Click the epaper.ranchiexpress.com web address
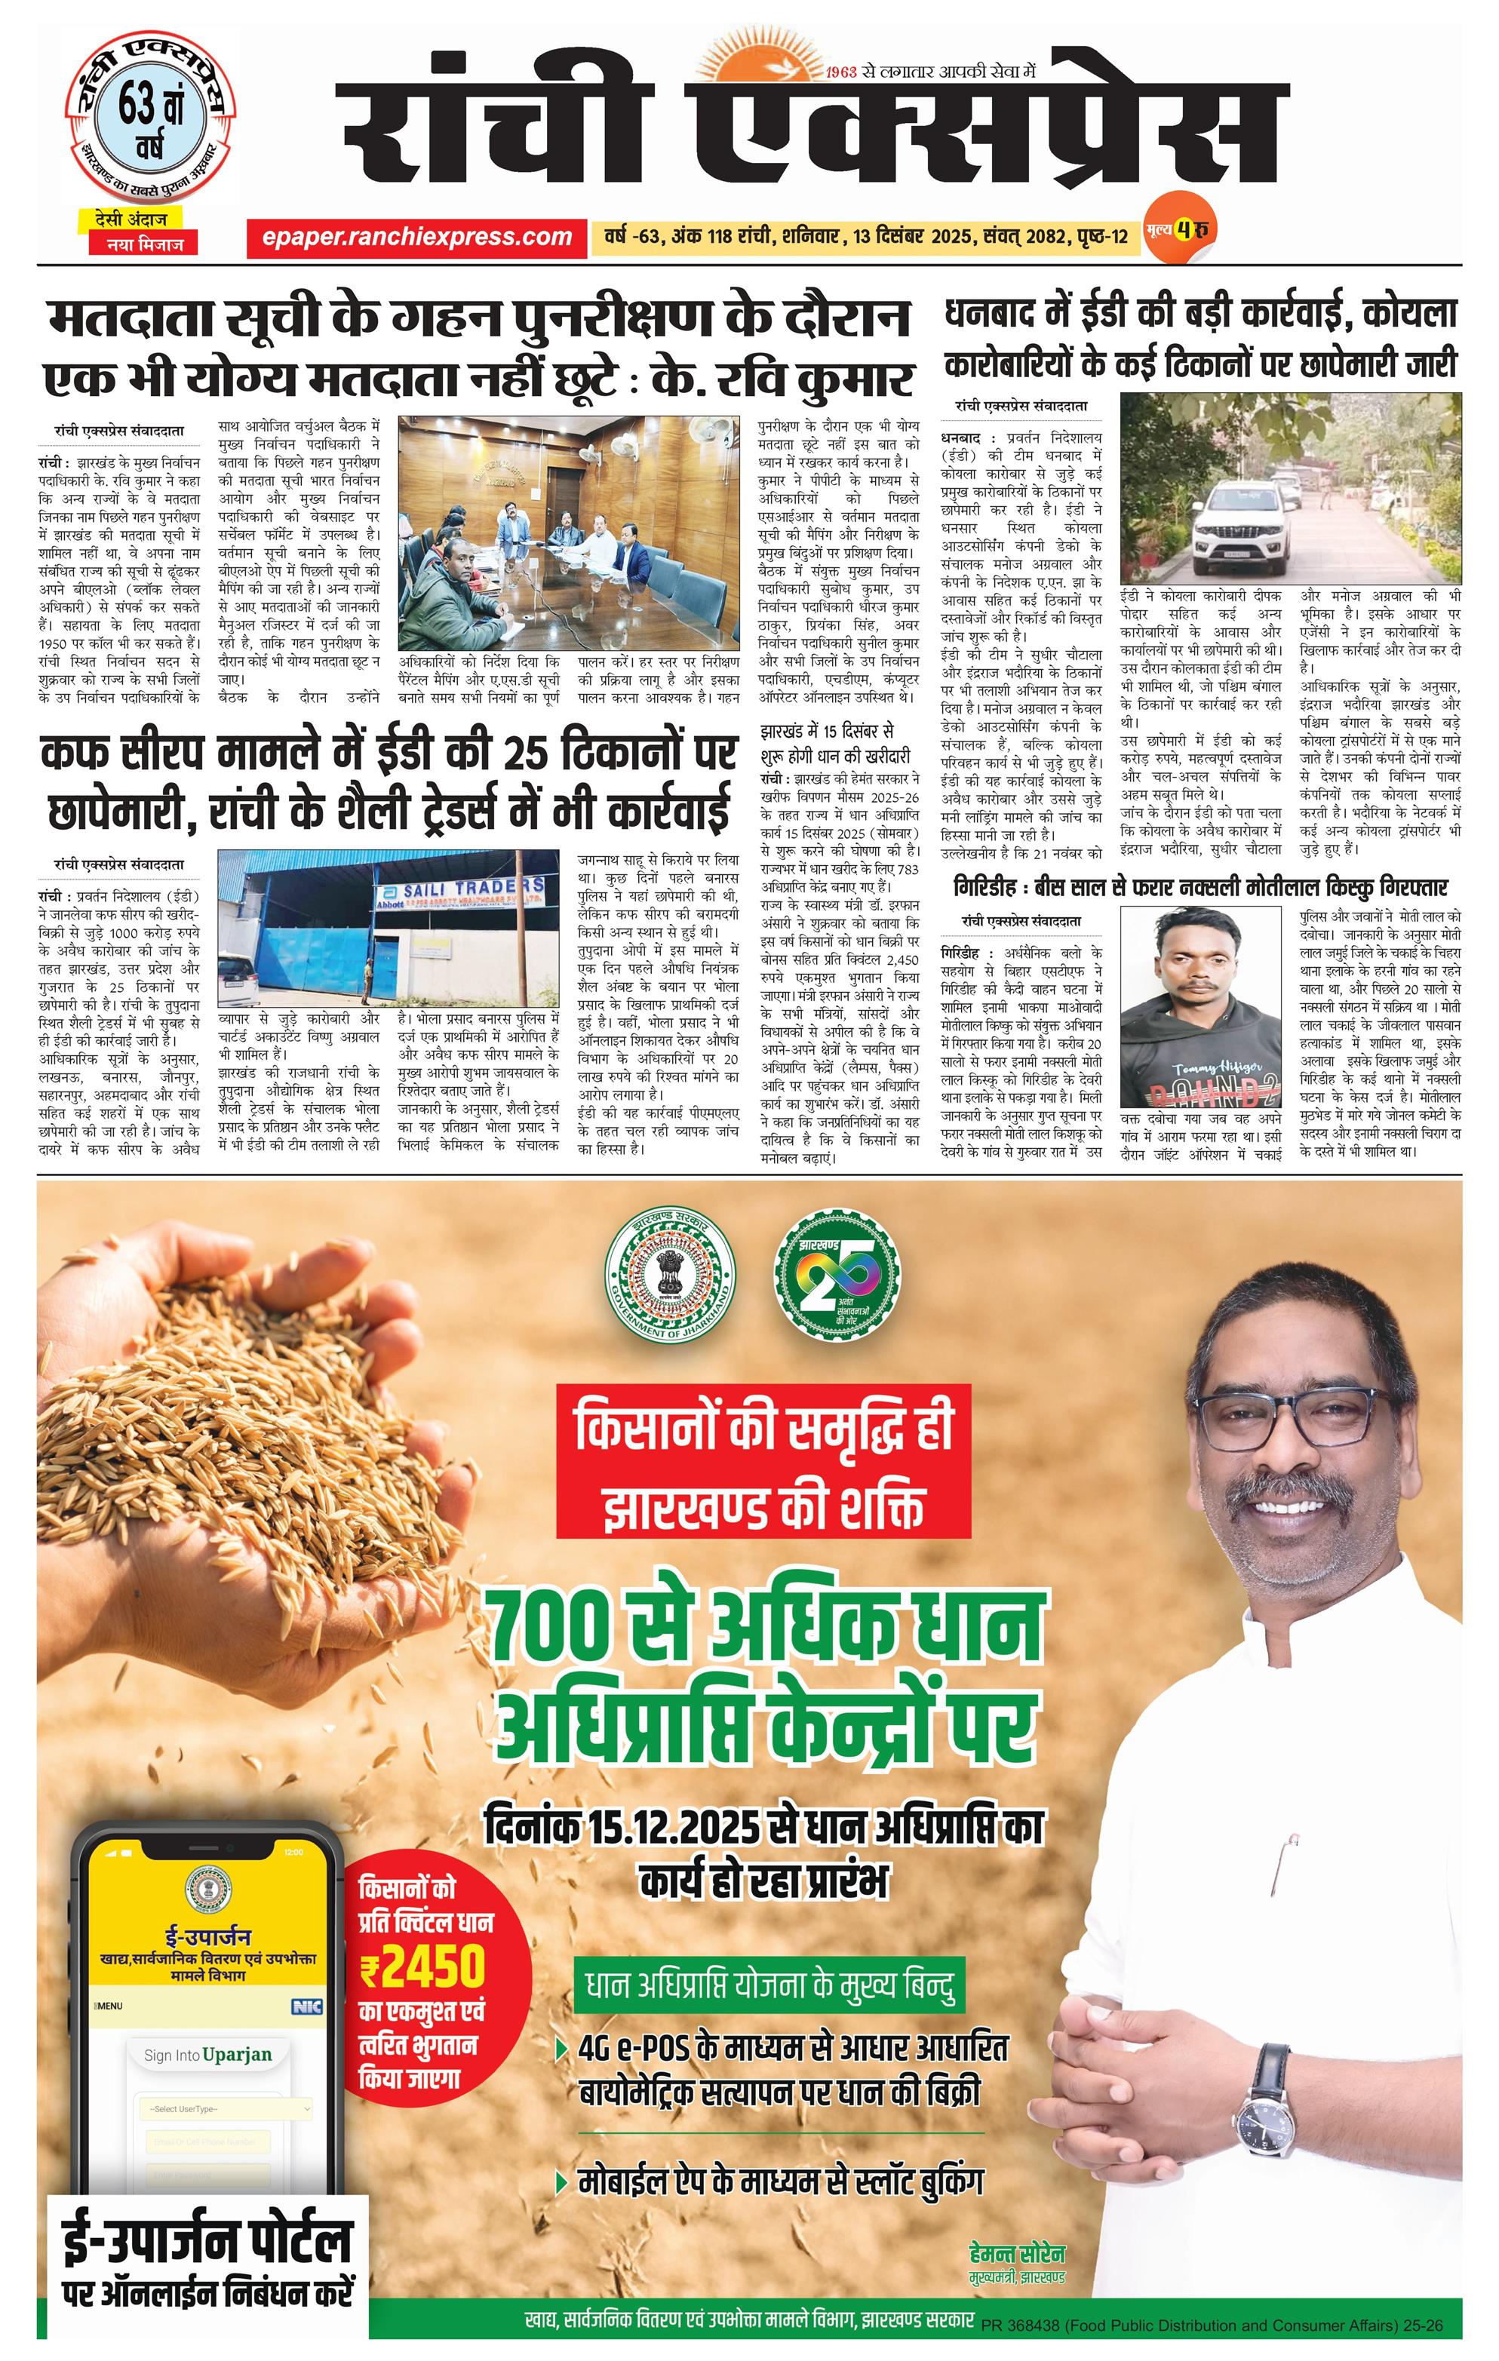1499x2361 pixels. click(416, 236)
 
